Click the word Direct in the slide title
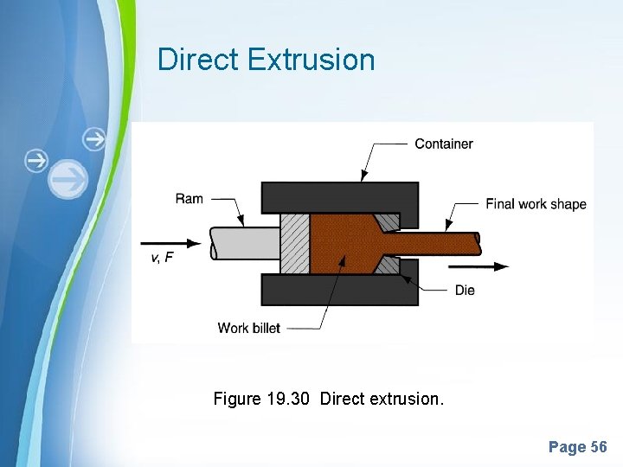(198, 60)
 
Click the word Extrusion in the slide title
(311, 60)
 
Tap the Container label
(443, 144)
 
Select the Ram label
(189, 199)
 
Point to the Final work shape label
(536, 204)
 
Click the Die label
(465, 290)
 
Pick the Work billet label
(249, 328)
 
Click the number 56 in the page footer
(598, 447)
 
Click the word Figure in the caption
(237, 399)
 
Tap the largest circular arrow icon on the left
(67, 180)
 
